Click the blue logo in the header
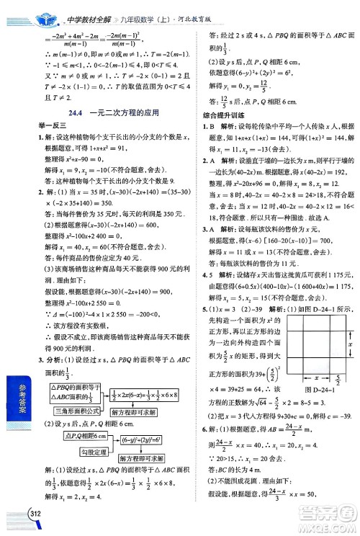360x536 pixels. point(28,12)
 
